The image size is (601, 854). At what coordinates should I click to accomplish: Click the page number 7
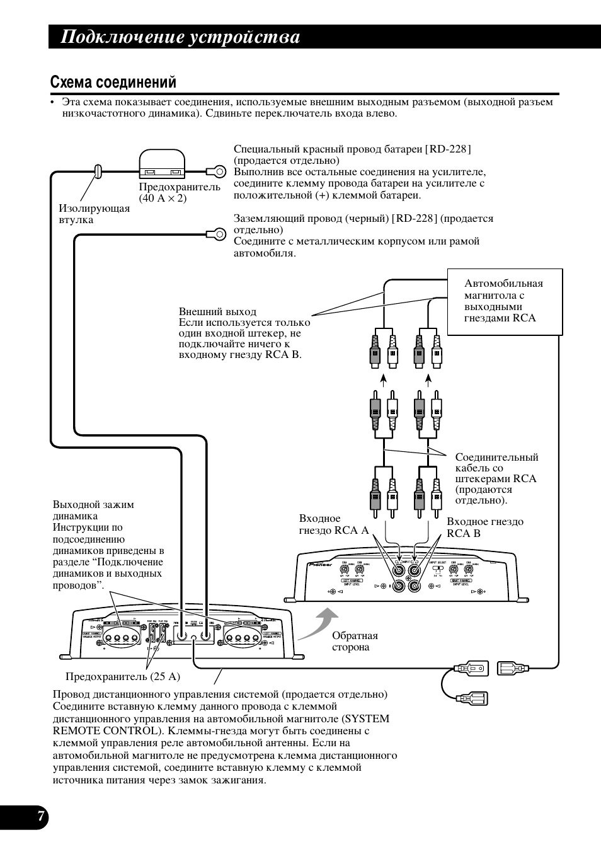tap(40, 817)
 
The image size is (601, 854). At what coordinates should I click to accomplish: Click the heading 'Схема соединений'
tap(113, 83)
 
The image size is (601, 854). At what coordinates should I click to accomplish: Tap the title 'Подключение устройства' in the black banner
tap(180, 38)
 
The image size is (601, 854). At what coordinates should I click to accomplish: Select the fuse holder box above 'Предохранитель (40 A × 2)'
tap(162, 163)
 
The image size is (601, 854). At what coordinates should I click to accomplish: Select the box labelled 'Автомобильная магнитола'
tap(504, 301)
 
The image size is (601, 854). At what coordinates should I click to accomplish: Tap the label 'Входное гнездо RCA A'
tap(334, 524)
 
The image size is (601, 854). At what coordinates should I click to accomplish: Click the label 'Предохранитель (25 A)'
tap(123, 677)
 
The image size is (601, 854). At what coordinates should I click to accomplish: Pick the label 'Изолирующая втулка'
tap(94, 214)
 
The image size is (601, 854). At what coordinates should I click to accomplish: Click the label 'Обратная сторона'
tap(355, 642)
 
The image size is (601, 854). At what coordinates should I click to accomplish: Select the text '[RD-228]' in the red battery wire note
tap(448, 149)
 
